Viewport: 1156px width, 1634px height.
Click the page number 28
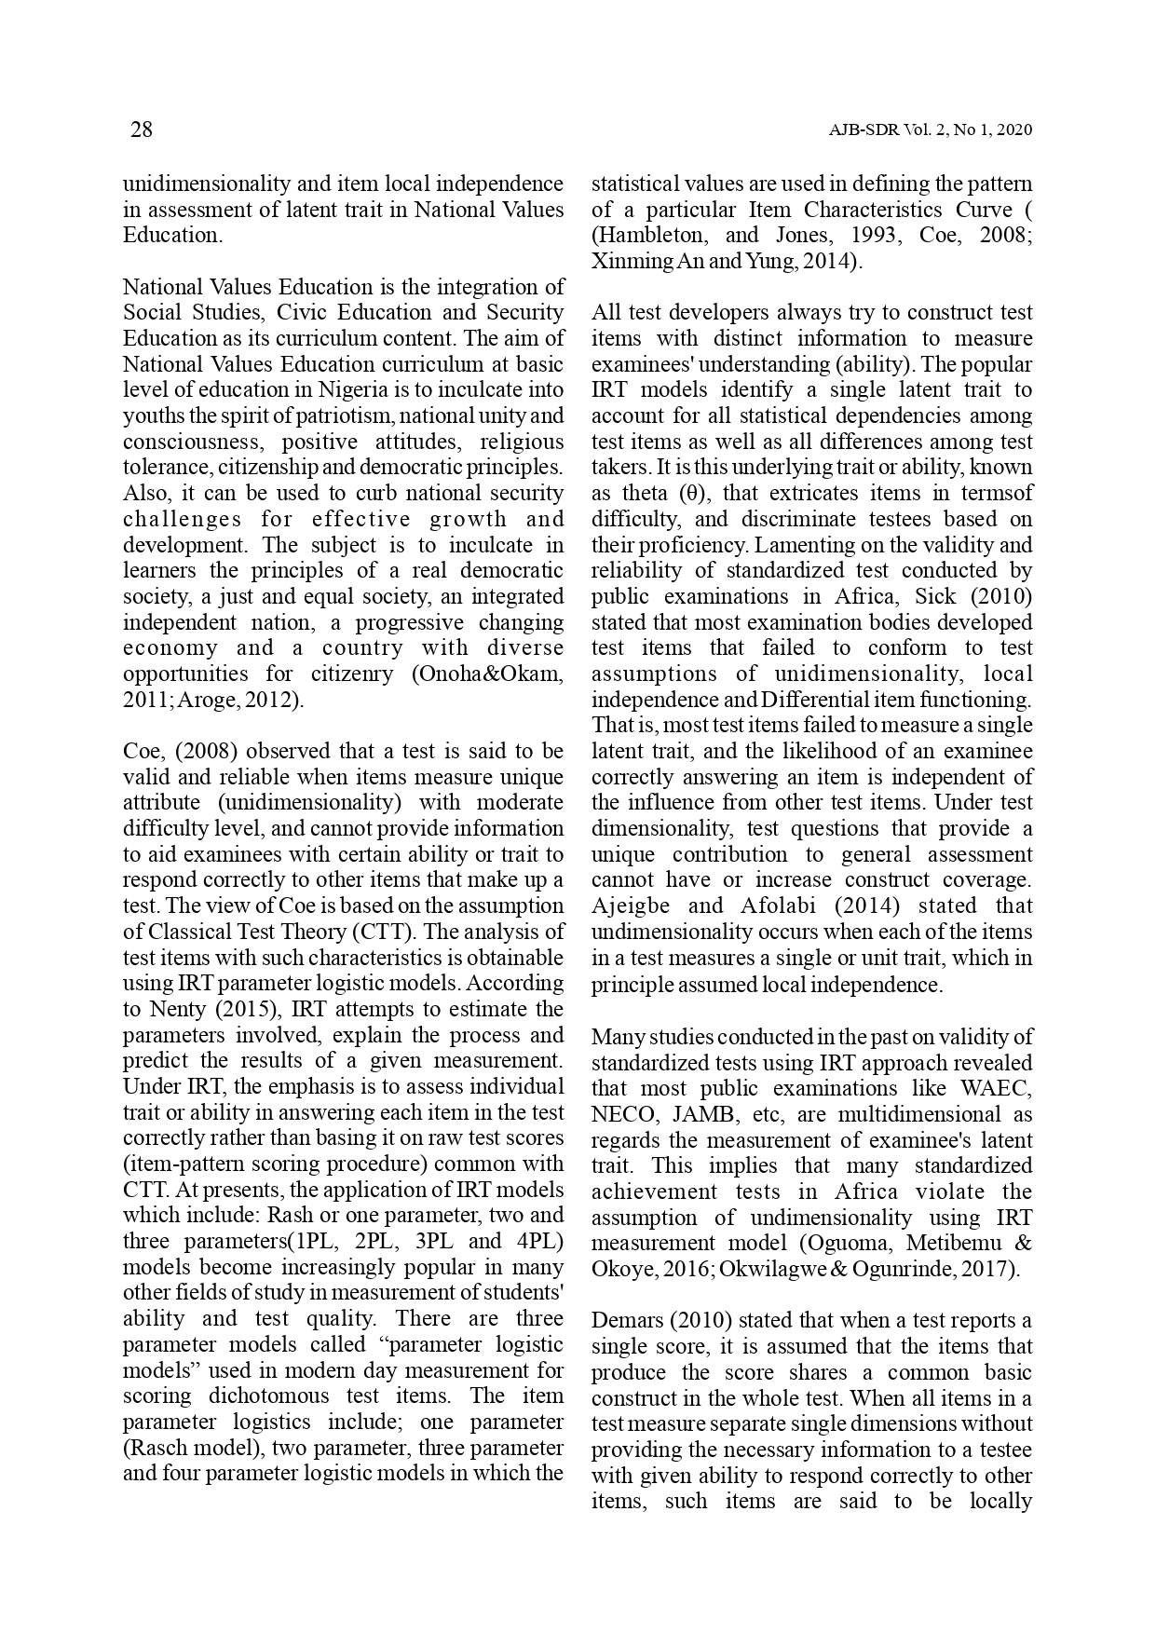click(x=141, y=129)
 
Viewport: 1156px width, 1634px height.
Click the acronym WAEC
click(x=998, y=1088)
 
